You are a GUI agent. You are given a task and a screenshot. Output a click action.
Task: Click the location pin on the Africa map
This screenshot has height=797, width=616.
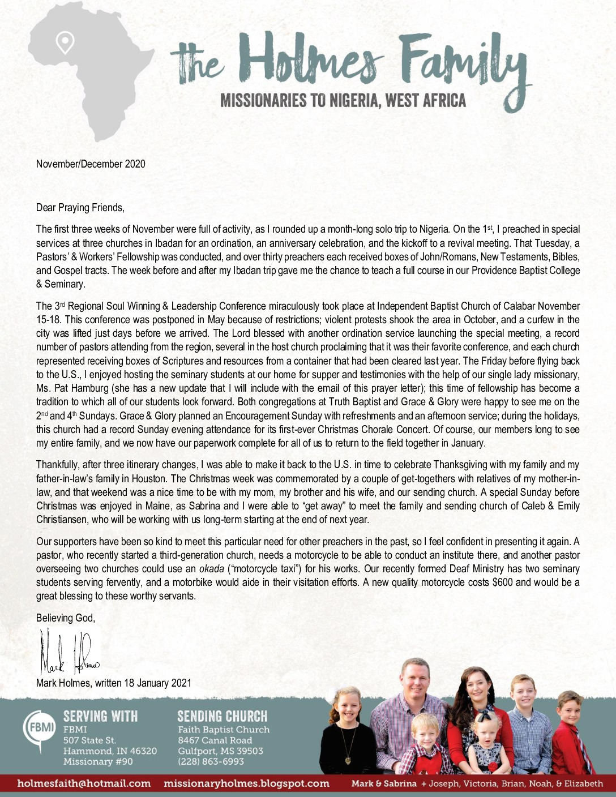pyautogui.click(x=66, y=42)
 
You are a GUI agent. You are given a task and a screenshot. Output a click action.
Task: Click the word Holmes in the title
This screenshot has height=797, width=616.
pyautogui.click(x=315, y=60)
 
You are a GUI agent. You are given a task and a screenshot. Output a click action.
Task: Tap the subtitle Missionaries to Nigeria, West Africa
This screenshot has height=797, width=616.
pyautogui.click(x=343, y=101)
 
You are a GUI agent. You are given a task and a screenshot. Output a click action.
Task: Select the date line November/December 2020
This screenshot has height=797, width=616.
pyautogui.click(x=91, y=164)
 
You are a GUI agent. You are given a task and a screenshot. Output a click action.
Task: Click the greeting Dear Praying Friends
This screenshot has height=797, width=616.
pyautogui.click(x=80, y=208)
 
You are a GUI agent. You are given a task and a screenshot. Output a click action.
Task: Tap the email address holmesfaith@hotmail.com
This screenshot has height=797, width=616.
pyautogui.click(x=84, y=783)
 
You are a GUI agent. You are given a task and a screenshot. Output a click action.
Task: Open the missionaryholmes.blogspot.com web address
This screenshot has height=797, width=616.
pyautogui.click(x=246, y=783)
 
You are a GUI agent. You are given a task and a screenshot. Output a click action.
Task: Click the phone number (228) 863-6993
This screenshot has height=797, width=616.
pyautogui.click(x=211, y=761)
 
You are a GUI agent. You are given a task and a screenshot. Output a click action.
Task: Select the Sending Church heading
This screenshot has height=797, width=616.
pyautogui.click(x=222, y=716)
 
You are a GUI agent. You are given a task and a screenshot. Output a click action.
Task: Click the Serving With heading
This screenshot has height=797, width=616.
pyautogui.click(x=100, y=716)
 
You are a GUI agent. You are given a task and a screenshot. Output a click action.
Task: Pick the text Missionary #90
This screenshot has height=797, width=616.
pyautogui.click(x=98, y=761)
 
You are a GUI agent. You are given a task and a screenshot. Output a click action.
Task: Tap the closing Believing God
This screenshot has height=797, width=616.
pyautogui.click(x=66, y=618)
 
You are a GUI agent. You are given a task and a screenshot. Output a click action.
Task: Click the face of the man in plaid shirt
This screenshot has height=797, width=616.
pyautogui.click(x=415, y=679)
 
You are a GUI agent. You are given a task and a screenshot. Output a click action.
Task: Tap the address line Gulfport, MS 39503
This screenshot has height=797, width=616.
pyautogui.click(x=220, y=751)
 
